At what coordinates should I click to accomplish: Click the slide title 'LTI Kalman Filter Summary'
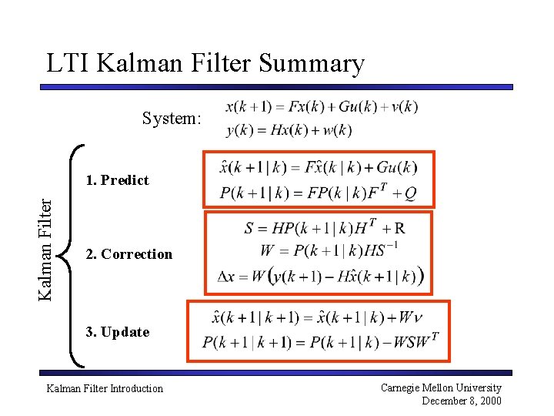coord(205,63)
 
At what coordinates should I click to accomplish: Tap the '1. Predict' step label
coord(118,180)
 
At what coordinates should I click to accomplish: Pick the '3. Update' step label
coord(118,332)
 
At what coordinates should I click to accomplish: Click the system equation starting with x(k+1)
coord(322,107)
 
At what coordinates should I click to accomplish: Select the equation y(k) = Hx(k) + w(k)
coord(289,130)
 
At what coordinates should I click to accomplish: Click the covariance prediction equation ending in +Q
coord(318,193)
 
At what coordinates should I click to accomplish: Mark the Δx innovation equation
coord(320,276)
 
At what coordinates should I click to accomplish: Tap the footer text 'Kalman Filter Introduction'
coord(105,388)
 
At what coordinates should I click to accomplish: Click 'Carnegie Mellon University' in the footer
coord(441,387)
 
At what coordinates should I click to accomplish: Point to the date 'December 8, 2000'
coord(462,401)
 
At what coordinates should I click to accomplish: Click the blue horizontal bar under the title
coord(276,87)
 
